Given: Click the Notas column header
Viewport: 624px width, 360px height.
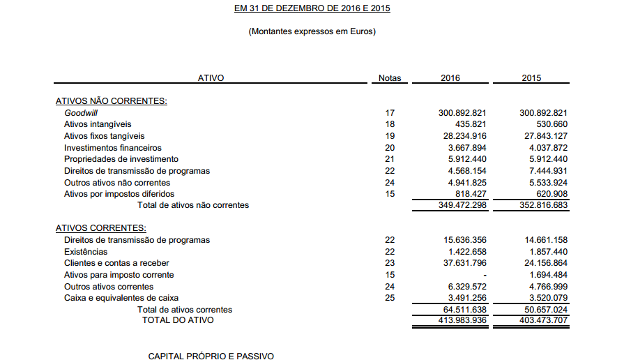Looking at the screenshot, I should pyautogui.click(x=389, y=78).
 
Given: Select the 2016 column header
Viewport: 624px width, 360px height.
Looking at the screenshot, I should pyautogui.click(x=450, y=78).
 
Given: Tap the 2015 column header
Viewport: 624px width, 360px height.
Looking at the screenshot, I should pyautogui.click(x=531, y=78).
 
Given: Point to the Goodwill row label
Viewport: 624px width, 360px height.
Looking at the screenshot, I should pyautogui.click(x=81, y=112).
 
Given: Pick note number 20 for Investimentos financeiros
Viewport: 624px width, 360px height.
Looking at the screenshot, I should pyautogui.click(x=389, y=148).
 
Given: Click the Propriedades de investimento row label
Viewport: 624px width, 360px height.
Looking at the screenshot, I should pyautogui.click(x=121, y=159).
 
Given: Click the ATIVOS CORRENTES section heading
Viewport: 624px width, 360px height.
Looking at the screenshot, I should pyautogui.click(x=100, y=228).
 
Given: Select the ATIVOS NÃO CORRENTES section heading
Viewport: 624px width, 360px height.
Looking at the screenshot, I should pyautogui.click(x=111, y=101).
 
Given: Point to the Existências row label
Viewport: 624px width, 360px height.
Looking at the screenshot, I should pyautogui.click(x=86, y=251).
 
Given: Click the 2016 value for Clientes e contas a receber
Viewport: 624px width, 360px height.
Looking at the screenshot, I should pyautogui.click(x=459, y=263).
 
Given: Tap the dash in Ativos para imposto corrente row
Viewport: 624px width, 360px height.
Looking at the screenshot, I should pyautogui.click(x=483, y=275).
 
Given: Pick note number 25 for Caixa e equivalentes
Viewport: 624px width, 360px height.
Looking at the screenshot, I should pyautogui.click(x=389, y=298).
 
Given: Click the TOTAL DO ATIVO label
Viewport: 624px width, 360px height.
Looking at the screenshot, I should pyautogui.click(x=178, y=320).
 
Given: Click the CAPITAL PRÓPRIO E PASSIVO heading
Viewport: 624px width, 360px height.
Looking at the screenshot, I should pyautogui.click(x=211, y=357).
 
